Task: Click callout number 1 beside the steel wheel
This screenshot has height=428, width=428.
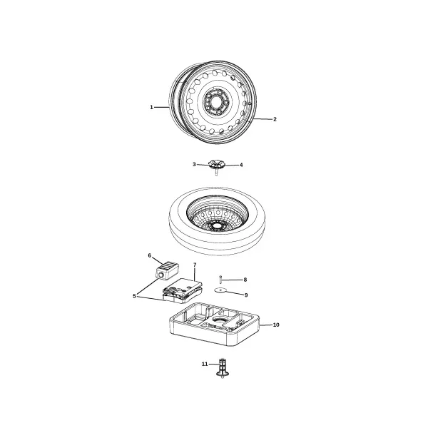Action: (x=151, y=107)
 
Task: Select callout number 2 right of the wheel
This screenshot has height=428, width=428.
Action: (x=275, y=119)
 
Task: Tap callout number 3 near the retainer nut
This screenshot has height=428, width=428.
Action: (x=194, y=164)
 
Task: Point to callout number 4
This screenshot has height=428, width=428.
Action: (x=241, y=165)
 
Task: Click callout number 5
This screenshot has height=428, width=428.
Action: (x=134, y=296)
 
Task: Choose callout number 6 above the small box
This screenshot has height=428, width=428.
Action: (x=150, y=255)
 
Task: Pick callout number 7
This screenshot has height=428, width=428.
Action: (x=195, y=265)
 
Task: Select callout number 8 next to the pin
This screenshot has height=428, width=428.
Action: (x=245, y=280)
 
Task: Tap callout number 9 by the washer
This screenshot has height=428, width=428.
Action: (x=246, y=295)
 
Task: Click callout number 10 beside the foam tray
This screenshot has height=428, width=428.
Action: (x=276, y=325)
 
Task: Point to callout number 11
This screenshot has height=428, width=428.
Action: (x=205, y=364)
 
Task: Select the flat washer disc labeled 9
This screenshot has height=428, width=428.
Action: (x=220, y=290)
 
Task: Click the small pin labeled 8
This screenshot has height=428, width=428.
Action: (x=220, y=280)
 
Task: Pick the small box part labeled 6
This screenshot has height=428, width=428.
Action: (x=167, y=270)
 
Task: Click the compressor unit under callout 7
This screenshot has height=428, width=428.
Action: (x=183, y=291)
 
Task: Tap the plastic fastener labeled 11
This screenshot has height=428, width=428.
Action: (x=223, y=369)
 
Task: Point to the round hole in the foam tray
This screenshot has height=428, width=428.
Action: (x=220, y=320)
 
